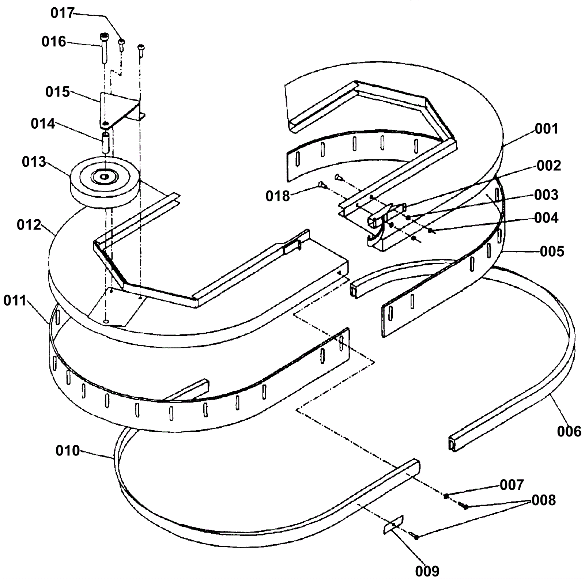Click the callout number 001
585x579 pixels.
click(547, 129)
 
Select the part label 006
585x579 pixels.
click(569, 431)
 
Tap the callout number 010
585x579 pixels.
click(68, 451)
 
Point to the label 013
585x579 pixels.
click(34, 162)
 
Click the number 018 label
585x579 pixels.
click(278, 196)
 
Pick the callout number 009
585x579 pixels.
click(427, 571)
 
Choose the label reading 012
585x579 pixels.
click(29, 225)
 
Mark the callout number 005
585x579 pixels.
click(552, 251)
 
